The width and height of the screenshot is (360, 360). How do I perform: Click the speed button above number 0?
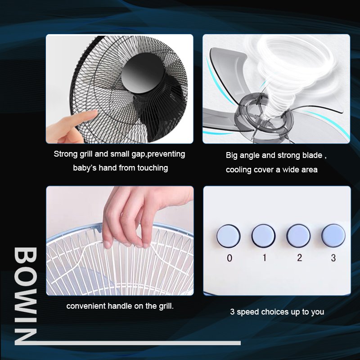coord(229,236)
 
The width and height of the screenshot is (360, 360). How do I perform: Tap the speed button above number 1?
coord(263,236)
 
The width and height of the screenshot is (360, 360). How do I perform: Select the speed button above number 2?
coord(298,236)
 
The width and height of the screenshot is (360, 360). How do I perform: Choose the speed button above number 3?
coord(333,235)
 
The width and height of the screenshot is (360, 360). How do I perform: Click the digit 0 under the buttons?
coord(229,258)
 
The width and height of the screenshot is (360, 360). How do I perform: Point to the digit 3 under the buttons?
coord(333,258)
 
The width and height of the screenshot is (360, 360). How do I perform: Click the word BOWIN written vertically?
coord(25,296)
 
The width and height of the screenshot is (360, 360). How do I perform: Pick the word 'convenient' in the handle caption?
coord(85,306)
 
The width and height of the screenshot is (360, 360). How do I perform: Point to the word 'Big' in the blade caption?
coord(231,155)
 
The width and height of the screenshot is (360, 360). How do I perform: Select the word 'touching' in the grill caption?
coord(153,168)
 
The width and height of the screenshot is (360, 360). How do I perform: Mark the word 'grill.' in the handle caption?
coord(166,306)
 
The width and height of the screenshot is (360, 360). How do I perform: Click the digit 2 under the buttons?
coord(299,258)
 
